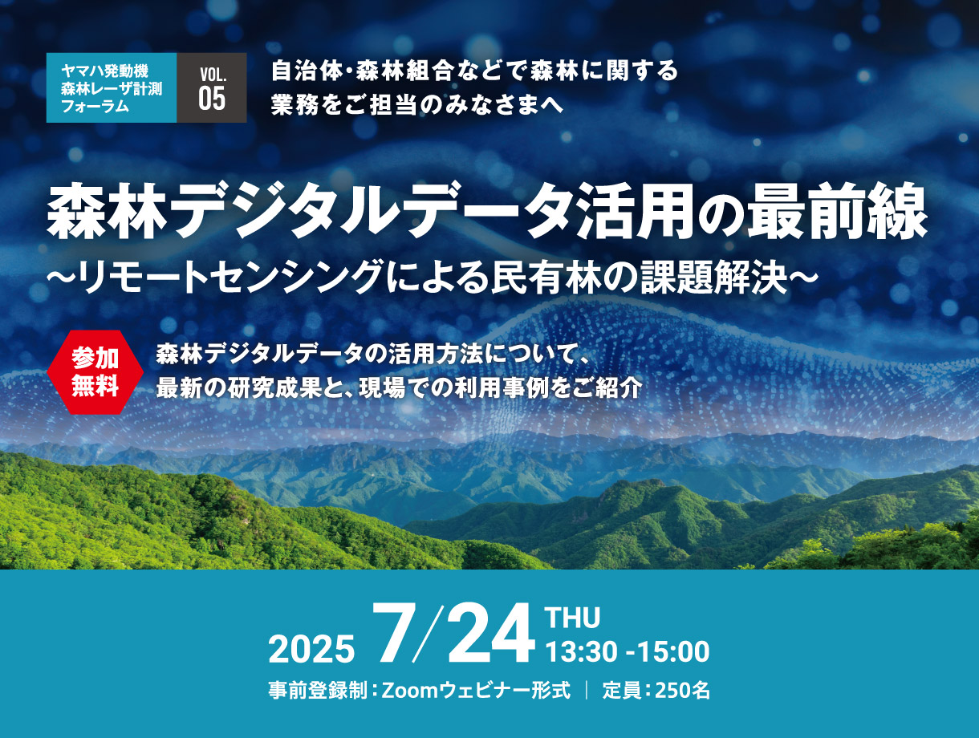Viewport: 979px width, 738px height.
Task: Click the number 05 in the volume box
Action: point(212,99)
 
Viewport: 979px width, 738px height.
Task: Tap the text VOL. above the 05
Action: point(213,75)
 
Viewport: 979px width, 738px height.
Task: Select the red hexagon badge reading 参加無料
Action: point(95,372)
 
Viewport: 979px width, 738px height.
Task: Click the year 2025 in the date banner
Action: point(311,649)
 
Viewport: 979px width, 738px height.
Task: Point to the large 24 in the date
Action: point(490,634)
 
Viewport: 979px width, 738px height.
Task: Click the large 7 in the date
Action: point(393,633)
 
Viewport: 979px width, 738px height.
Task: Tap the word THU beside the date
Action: point(573,618)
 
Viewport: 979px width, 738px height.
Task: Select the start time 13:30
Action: point(581,651)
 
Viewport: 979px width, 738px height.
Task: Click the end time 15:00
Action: point(674,651)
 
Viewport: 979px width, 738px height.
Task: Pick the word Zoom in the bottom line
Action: point(409,691)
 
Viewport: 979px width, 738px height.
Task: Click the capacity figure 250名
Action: point(682,691)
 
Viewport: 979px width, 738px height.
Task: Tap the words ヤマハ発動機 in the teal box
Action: point(105,71)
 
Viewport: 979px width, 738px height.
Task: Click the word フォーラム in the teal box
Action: point(95,106)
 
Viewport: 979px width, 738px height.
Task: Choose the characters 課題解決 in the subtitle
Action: point(713,278)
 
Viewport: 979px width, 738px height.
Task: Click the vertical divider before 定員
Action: point(586,691)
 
